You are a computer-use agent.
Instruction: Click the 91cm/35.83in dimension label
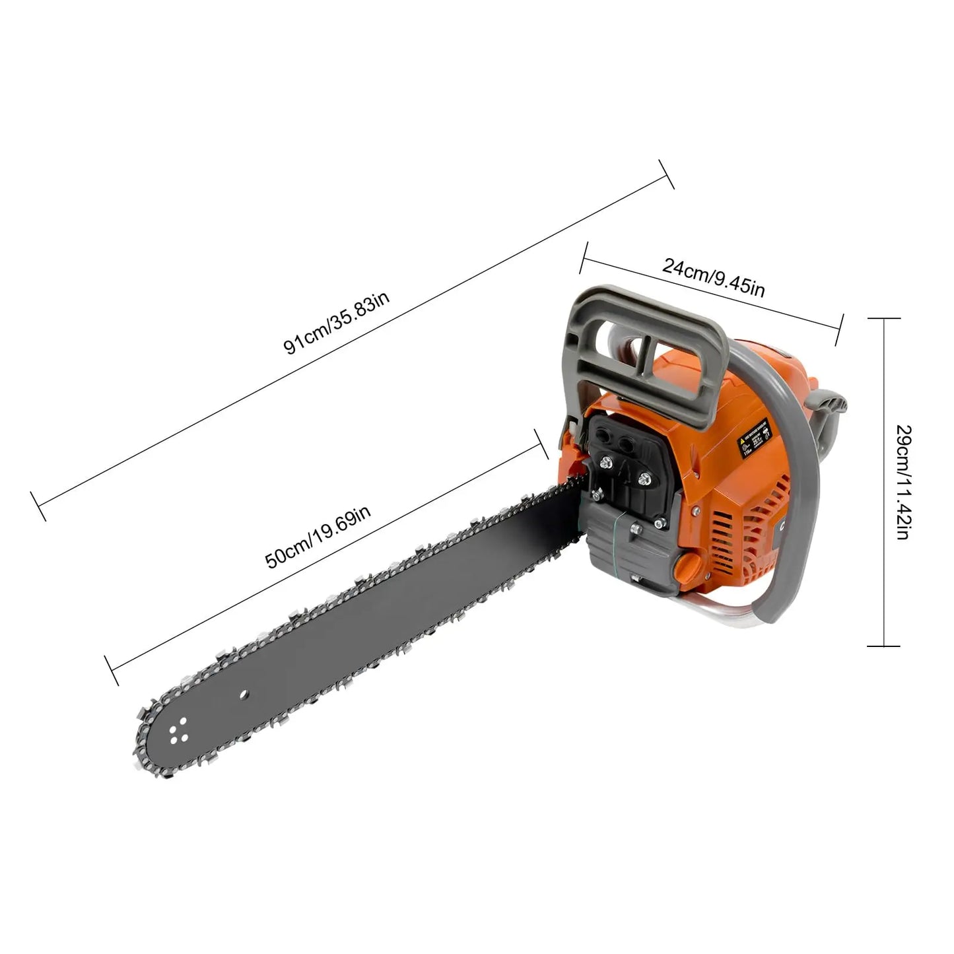click(x=337, y=322)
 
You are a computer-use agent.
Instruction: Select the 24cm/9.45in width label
click(x=714, y=277)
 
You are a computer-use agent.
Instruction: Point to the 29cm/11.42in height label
click(x=903, y=482)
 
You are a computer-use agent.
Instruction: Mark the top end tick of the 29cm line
click(x=883, y=318)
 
